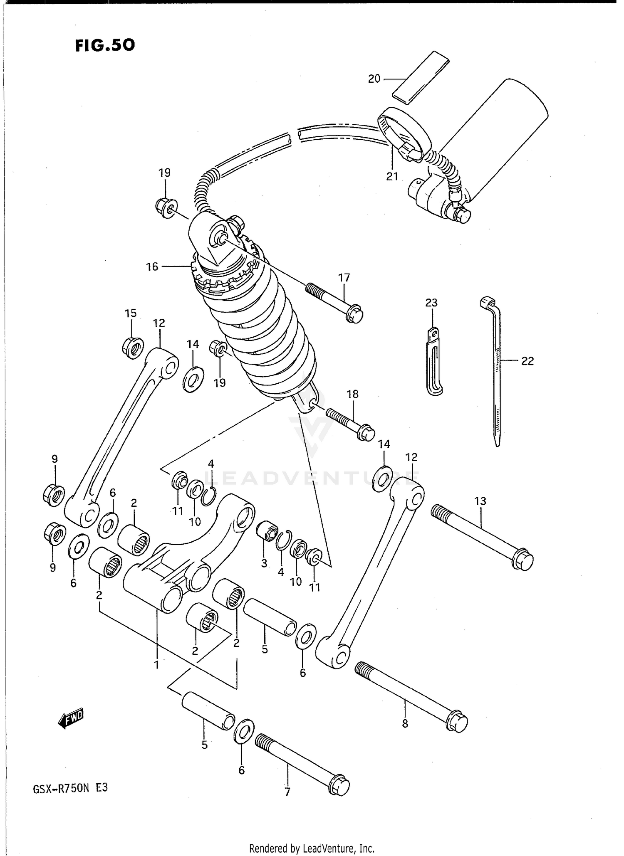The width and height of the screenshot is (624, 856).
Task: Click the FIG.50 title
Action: click(105, 45)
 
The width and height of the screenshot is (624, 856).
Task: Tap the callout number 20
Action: click(374, 79)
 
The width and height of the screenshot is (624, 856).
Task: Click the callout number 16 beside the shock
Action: click(152, 266)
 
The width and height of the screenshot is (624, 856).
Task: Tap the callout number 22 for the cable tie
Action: click(527, 361)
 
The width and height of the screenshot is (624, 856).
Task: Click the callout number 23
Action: click(431, 303)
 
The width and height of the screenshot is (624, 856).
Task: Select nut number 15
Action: click(133, 348)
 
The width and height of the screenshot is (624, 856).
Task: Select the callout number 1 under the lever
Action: click(156, 665)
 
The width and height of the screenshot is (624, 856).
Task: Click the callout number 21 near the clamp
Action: click(392, 176)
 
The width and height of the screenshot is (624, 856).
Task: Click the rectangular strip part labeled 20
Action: click(421, 77)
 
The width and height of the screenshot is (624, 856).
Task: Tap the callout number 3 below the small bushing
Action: click(264, 564)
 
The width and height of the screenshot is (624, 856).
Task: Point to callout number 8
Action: click(405, 724)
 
